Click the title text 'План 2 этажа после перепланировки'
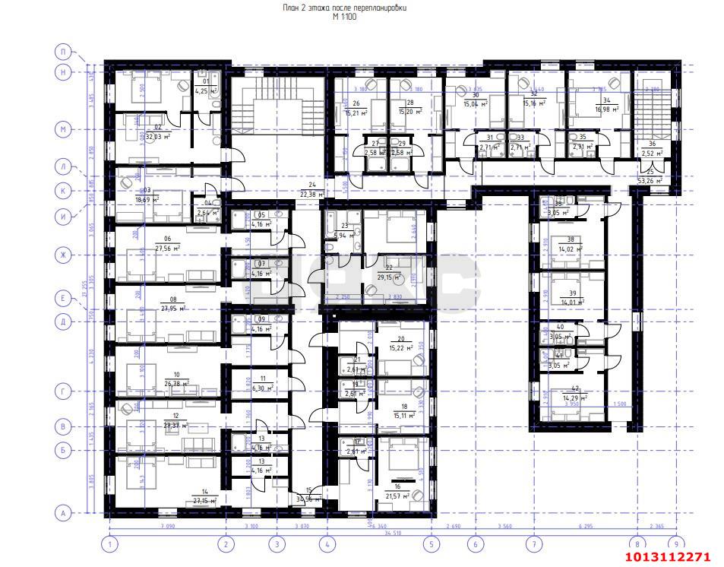pyautogui.click(x=343, y=8)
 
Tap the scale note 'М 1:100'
pyautogui.click(x=343, y=17)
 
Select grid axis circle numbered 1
pyautogui.click(x=110, y=543)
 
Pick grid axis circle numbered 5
pyautogui.click(x=432, y=543)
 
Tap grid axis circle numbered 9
pyautogui.click(x=672, y=543)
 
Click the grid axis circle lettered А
pyautogui.click(x=64, y=513)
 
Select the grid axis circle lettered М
pyautogui.click(x=64, y=130)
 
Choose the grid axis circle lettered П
pyautogui.click(x=64, y=52)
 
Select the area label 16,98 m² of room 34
pyautogui.click(x=606, y=109)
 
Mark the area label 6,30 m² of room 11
pyautogui.click(x=262, y=387)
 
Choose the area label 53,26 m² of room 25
pyautogui.click(x=650, y=181)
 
